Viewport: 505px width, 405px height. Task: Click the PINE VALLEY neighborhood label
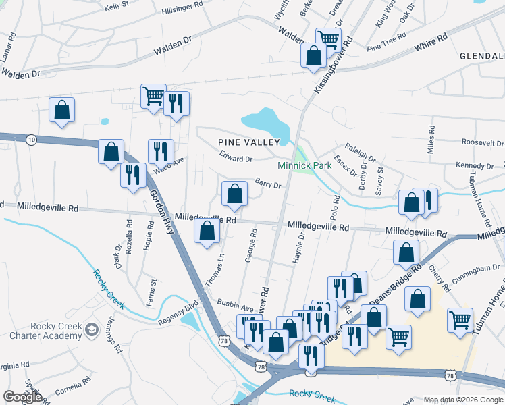tap(248, 142)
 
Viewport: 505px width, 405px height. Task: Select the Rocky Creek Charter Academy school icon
tap(92, 331)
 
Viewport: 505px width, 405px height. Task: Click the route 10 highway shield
tap(31, 139)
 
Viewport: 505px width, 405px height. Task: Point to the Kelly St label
tap(116, 7)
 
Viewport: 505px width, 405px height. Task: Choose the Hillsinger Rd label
tap(183, 7)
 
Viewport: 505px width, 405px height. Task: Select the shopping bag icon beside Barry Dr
tap(234, 194)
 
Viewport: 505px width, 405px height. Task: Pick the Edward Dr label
tap(236, 159)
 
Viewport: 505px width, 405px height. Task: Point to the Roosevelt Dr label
tap(483, 143)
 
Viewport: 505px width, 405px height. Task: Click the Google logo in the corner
tap(22, 396)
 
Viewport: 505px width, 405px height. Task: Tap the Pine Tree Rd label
tap(387, 42)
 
